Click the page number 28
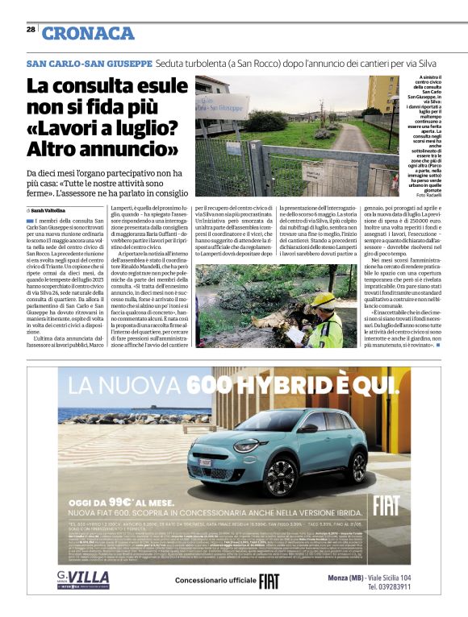pos(31,30)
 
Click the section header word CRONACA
pos(88,33)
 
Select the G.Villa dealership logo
pos(83,598)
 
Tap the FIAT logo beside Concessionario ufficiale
pos(270,603)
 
